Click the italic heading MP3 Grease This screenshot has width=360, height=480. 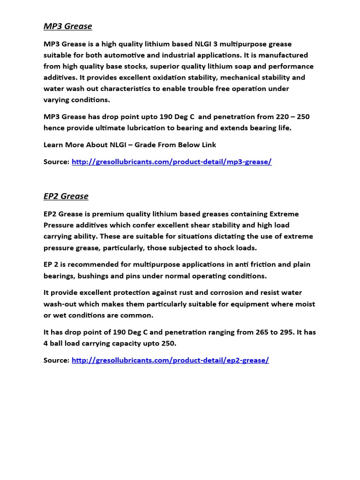coord(67,26)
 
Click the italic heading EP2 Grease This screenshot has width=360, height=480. coord(66,196)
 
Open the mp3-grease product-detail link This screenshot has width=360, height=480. coord(172,162)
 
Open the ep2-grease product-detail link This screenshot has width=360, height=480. coord(170,360)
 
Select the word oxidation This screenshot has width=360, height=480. coord(175,77)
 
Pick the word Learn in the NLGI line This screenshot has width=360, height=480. coord(54,145)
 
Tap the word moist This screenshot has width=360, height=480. coord(305,304)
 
